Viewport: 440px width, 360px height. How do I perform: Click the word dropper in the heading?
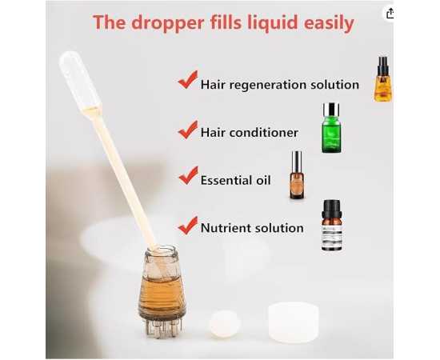[167, 23]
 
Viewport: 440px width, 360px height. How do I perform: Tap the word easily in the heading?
[329, 23]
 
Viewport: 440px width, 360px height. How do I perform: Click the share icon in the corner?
[390, 13]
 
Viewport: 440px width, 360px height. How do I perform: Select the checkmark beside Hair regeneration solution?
[188, 80]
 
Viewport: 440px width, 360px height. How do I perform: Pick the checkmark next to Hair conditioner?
[188, 130]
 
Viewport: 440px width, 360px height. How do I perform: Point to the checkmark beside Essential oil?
[188, 175]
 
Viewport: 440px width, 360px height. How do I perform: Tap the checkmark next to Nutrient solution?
[188, 226]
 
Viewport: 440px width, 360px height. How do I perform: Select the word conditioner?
[263, 133]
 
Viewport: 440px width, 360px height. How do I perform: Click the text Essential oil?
[236, 180]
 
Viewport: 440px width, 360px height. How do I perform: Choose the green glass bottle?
[331, 128]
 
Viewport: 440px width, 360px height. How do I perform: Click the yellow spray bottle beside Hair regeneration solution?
[382, 79]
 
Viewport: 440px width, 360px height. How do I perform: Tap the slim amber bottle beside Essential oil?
[297, 175]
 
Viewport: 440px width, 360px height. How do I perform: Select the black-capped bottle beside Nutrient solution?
[332, 225]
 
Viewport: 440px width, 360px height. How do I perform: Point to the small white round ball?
[225, 323]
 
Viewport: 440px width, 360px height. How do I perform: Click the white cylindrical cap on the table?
[294, 322]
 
